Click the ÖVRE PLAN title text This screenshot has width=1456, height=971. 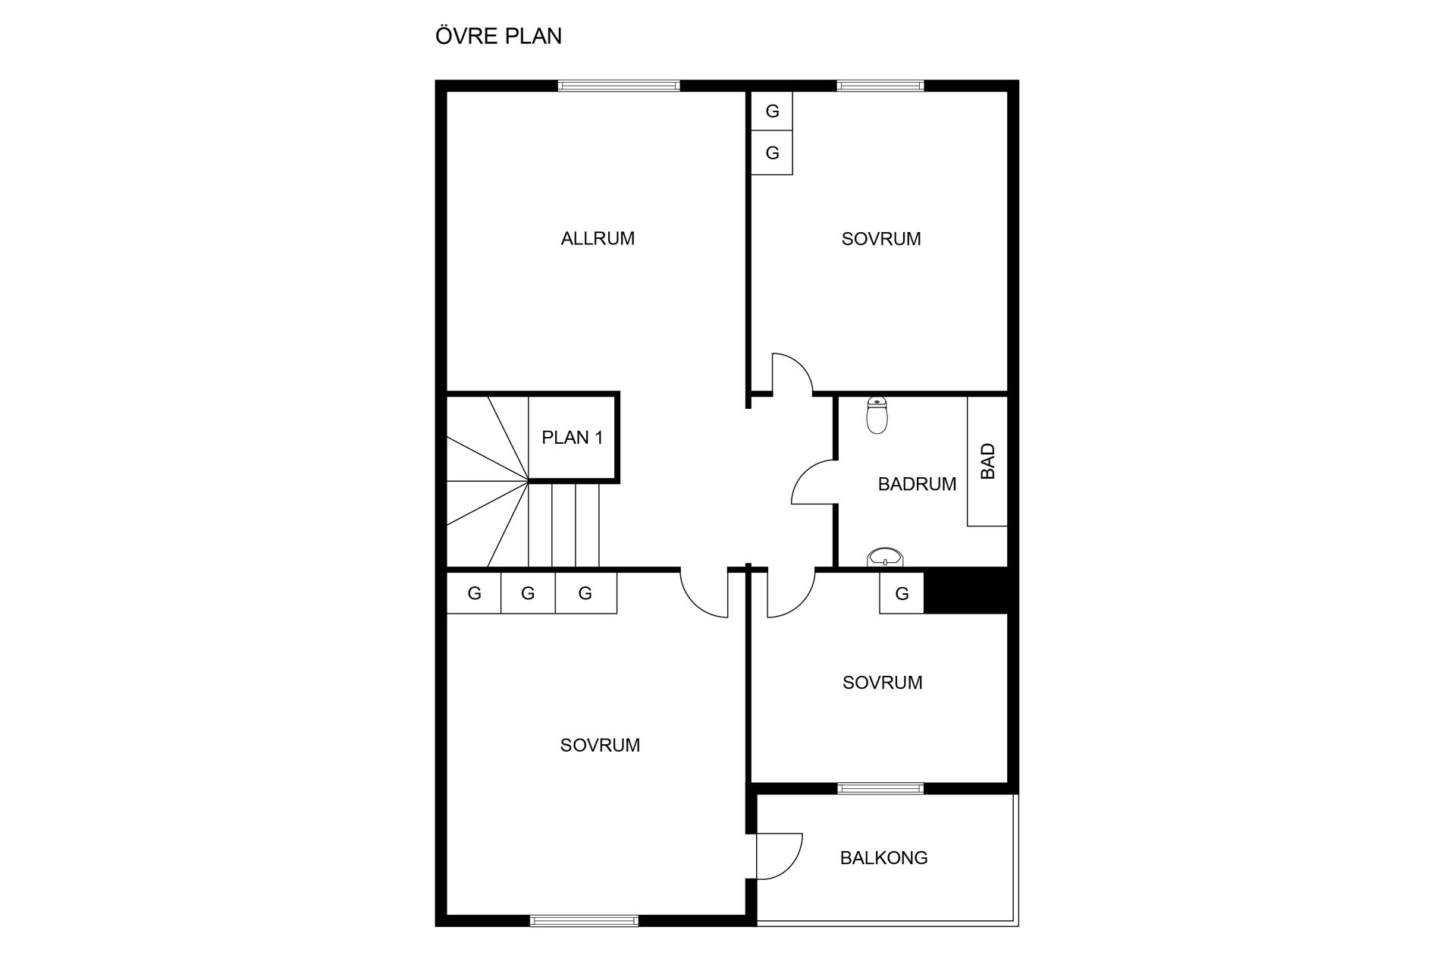pyautogui.click(x=498, y=36)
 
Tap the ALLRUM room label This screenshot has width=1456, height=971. pyautogui.click(x=598, y=238)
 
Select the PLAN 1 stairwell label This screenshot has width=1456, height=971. pyautogui.click(x=573, y=437)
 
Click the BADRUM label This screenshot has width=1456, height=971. pyautogui.click(x=917, y=484)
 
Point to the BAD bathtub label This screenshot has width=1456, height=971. pyautogui.click(x=987, y=461)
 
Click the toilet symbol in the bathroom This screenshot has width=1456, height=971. pyautogui.click(x=877, y=416)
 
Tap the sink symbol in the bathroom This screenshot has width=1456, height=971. pyautogui.click(x=885, y=558)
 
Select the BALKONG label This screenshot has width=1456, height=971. pyautogui.click(x=883, y=858)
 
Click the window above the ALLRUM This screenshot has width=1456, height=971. pyautogui.click(x=619, y=86)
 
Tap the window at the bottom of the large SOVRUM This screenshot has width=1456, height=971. pyautogui.click(x=584, y=921)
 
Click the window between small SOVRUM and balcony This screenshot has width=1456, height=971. pyautogui.click(x=880, y=788)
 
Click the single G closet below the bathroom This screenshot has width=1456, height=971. pyautogui.click(x=902, y=592)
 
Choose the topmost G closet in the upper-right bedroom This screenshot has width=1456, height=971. pyautogui.click(x=772, y=112)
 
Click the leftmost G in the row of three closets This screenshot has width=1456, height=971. pyautogui.click(x=474, y=592)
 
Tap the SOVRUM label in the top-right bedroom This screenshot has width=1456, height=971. pyautogui.click(x=881, y=238)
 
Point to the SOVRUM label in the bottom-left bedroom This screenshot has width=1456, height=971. pyautogui.click(x=600, y=745)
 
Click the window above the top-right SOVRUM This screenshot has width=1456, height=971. pyautogui.click(x=880, y=86)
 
